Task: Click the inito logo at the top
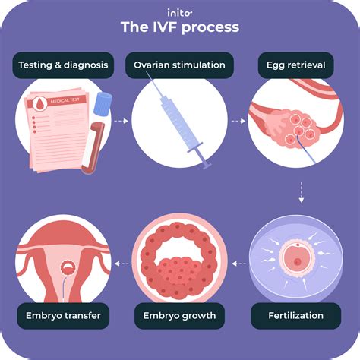pos(180,11)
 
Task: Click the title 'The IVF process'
pos(180,27)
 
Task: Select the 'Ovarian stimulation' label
pos(180,65)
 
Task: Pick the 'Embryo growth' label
pos(180,314)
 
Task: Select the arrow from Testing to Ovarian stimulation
pos(119,119)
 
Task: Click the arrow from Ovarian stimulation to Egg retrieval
pos(238,119)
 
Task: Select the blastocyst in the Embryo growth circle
pos(180,262)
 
